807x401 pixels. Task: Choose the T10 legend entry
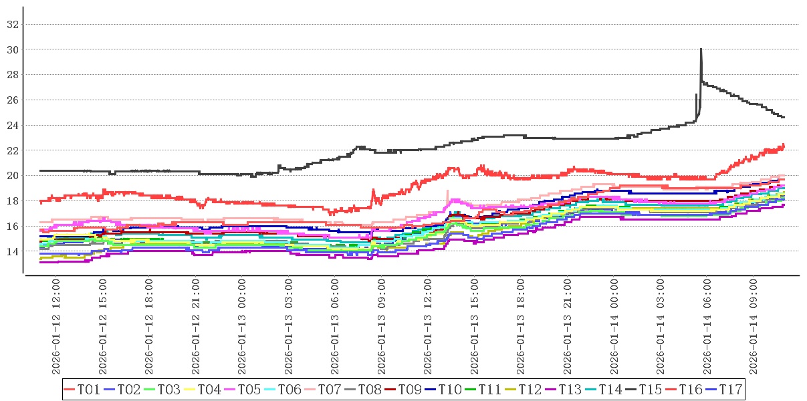[450, 389]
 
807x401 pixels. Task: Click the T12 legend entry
[530, 389]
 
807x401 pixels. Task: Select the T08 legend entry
[370, 389]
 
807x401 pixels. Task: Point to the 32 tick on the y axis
[11, 25]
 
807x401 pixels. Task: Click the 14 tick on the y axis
[11, 251]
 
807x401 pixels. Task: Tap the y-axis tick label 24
[11, 126]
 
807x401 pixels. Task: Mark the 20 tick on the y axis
[11, 176]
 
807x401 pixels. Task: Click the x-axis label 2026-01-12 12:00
[56, 327]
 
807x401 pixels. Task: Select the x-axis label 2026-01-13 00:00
[242, 327]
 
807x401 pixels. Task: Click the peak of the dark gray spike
[701, 49]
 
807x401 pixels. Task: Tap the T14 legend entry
[610, 389]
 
